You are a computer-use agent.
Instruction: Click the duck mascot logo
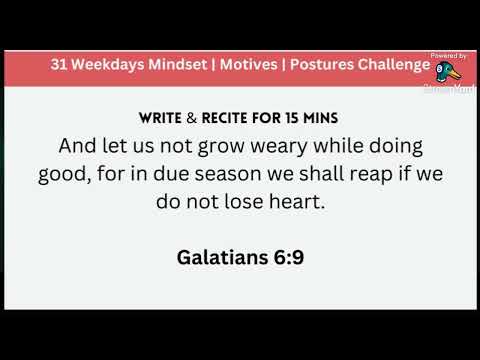[446, 71]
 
